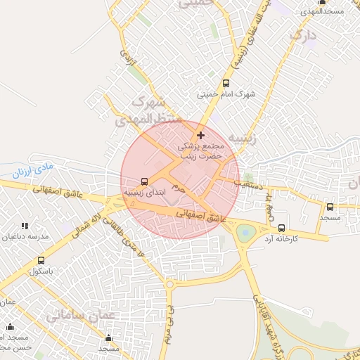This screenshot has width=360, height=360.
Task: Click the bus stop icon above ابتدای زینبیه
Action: tap(145, 180)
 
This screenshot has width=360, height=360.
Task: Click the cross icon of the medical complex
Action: tap(201, 134)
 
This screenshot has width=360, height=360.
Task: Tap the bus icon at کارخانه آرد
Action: tap(282, 228)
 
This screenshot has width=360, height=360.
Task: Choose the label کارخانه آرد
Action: tap(282, 239)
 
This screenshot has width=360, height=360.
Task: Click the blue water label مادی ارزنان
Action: tap(32, 170)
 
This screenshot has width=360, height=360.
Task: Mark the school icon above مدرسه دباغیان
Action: tap(25, 226)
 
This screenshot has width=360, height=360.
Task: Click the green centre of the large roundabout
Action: tap(246, 232)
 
